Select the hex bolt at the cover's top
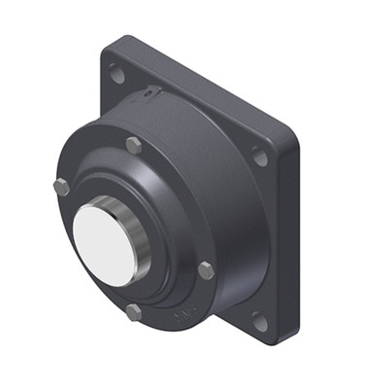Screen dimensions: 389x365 point(130,146)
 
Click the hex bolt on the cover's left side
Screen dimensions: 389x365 point(61,188)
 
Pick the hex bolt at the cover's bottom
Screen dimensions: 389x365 point(134,312)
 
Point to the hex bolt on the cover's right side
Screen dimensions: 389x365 point(205,270)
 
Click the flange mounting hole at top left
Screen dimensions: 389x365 point(116,71)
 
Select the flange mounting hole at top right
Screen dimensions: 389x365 point(259,154)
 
